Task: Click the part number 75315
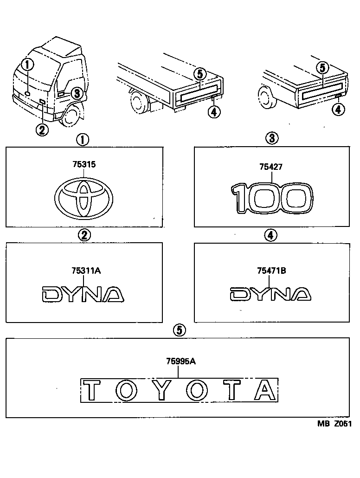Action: point(84,164)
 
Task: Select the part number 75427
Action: point(271,167)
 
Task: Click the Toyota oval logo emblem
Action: point(84,198)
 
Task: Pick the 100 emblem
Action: point(271,198)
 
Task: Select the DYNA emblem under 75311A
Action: point(83,295)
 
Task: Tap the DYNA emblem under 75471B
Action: point(270,294)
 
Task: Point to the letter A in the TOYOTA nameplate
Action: point(265,390)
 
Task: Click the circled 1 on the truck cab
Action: point(27,64)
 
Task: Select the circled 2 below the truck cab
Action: point(42,130)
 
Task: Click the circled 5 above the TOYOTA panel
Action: point(180,330)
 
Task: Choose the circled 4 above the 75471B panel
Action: point(270,235)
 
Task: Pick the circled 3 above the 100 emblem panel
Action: point(271,138)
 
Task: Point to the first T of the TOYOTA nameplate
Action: point(92,390)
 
